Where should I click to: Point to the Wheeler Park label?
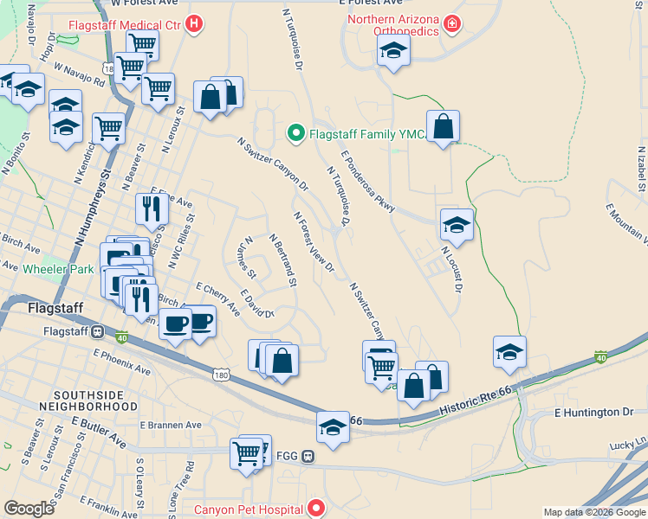pyautogui.click(x=57, y=270)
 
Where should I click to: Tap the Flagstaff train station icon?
pyautogui.click(x=98, y=330)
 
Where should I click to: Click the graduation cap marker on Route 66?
pyautogui.click(x=332, y=427)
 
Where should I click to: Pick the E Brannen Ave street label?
pyautogui.click(x=171, y=425)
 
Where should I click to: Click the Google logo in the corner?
pyautogui.click(x=29, y=509)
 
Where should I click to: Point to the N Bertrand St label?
pyautogui.click(x=282, y=259)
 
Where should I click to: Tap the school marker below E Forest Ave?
pyautogui.click(x=393, y=50)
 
